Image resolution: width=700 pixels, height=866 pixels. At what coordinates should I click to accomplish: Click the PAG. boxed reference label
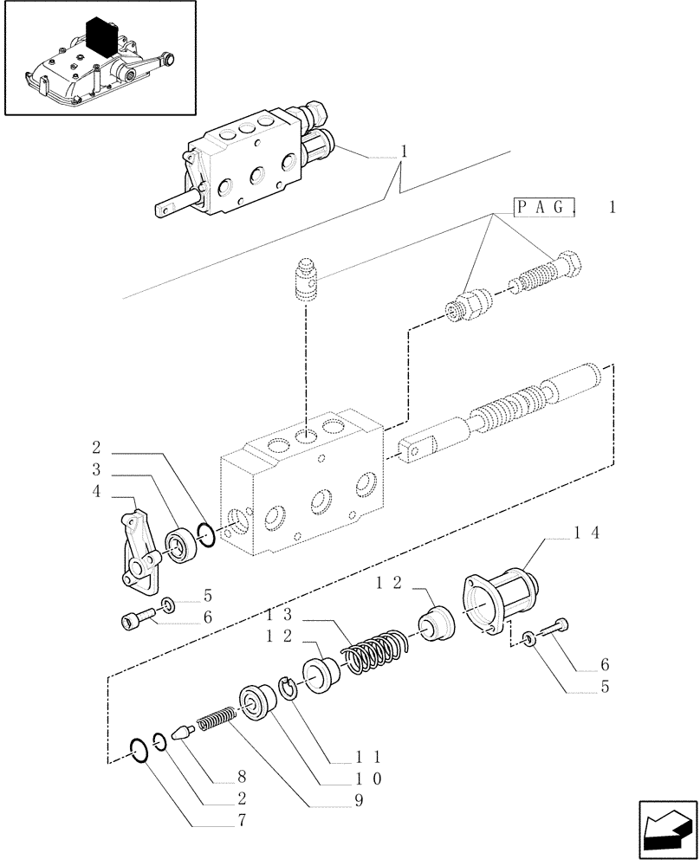tap(545, 207)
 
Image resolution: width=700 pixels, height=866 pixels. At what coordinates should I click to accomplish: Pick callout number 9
tap(356, 801)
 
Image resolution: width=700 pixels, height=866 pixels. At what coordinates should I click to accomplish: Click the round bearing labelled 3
tap(181, 545)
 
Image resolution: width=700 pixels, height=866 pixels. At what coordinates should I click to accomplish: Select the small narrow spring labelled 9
tap(217, 719)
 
